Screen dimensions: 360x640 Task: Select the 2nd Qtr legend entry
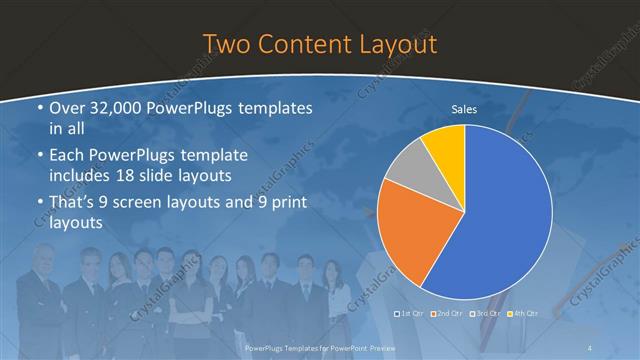pos(446,313)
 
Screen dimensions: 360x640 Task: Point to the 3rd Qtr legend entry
pos(483,313)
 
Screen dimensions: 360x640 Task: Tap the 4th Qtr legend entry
pos(521,313)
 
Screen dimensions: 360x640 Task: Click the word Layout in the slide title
pos(396,44)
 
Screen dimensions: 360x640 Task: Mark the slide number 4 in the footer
pos(590,347)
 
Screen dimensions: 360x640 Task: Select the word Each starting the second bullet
pos(67,155)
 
